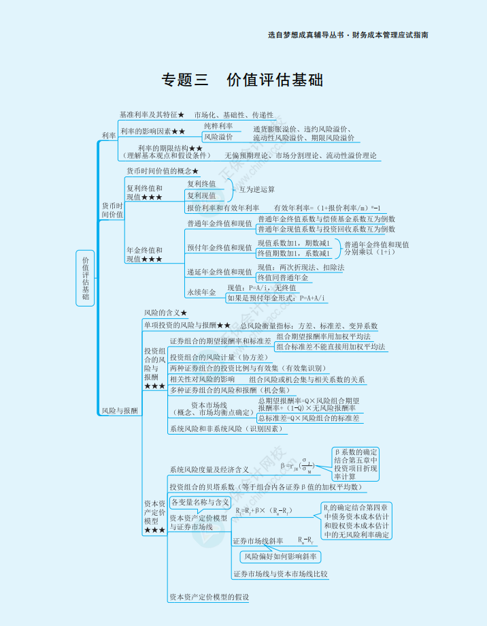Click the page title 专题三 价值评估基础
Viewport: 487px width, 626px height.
point(242,80)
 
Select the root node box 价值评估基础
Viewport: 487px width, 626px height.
point(86,278)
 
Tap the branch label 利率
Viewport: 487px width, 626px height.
point(108,136)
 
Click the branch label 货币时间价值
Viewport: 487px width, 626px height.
point(112,210)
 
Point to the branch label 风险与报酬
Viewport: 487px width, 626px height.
point(119,411)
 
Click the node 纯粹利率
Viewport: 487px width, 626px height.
point(218,126)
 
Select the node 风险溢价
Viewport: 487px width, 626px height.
point(218,137)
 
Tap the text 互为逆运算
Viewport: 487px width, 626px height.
point(256,189)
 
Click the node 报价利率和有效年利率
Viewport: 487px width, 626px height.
point(222,208)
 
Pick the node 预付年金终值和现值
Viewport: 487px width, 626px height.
point(219,247)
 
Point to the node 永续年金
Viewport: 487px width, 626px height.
point(201,292)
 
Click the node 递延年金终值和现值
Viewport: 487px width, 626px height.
point(219,272)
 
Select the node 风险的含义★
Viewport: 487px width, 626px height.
point(165,313)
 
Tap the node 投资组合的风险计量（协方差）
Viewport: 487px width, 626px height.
point(218,357)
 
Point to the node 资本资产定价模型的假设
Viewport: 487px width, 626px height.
point(209,597)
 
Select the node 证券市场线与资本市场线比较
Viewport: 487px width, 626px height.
point(280,574)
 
